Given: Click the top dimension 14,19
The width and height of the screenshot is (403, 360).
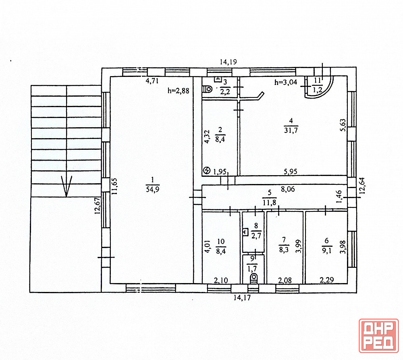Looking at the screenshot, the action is coord(228,62).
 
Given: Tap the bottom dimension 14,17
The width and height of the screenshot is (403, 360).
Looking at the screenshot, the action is coord(242,298).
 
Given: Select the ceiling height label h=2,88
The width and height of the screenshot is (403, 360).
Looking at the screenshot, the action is coord(179,91).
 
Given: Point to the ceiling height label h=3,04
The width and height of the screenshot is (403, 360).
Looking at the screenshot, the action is coord(286,82).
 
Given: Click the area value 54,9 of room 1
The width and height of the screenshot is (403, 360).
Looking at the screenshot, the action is coord(153,190).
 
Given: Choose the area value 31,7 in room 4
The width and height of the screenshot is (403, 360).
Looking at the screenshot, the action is coord(291,130).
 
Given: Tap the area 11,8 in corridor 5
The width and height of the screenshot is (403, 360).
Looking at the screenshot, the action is coord(269,202).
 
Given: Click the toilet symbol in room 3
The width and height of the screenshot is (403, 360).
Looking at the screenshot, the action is coord(208,89).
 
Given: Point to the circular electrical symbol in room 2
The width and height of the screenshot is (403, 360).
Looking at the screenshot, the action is coord(207,170).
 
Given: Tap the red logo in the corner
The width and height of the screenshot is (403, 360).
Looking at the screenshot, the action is coord(379,335).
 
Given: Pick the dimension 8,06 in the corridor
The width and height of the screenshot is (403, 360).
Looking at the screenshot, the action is coord(288,189).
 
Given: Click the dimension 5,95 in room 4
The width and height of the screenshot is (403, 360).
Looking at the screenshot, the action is coord(291,171).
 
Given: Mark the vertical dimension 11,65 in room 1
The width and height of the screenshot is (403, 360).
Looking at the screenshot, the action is coord(114,186).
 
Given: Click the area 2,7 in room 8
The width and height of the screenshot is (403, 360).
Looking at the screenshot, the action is coord(256,236).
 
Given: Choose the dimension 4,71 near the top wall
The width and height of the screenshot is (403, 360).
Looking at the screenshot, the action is coord(152,81).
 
